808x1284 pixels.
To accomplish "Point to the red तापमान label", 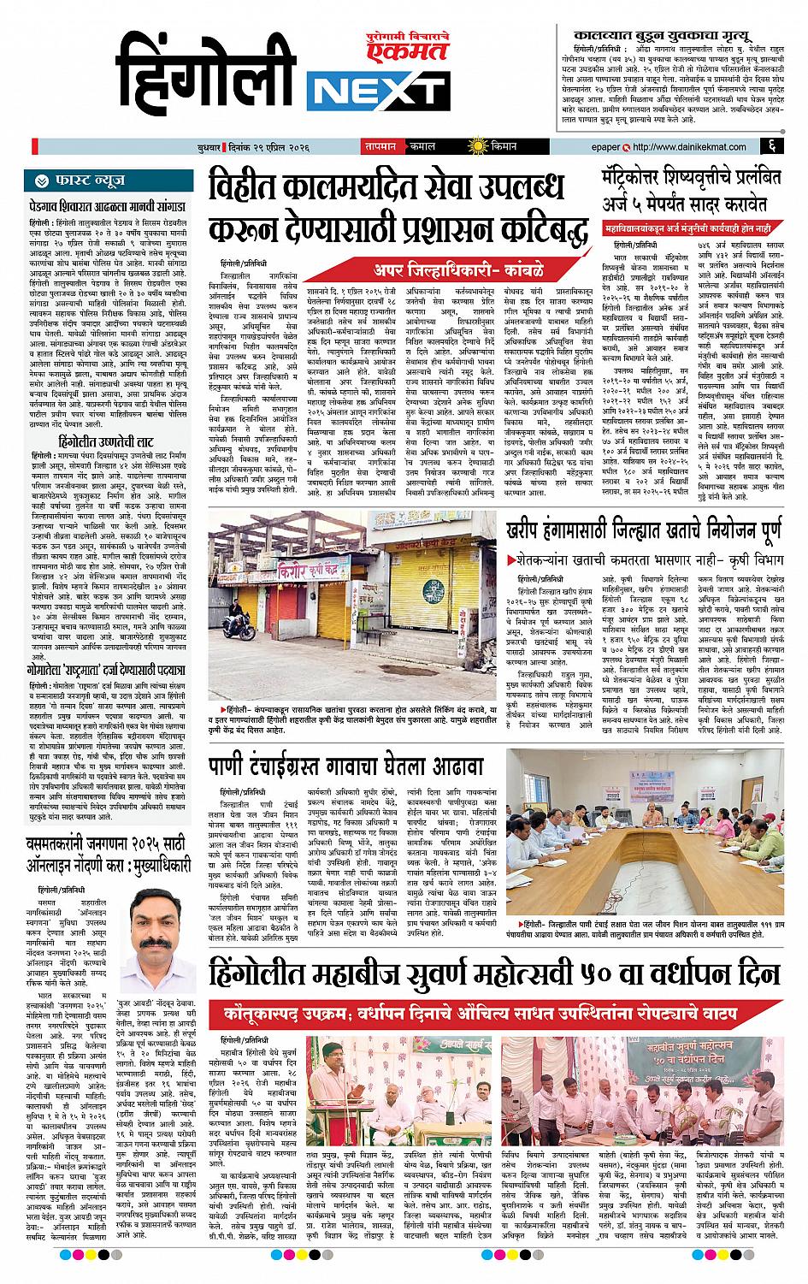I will [380, 146].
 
